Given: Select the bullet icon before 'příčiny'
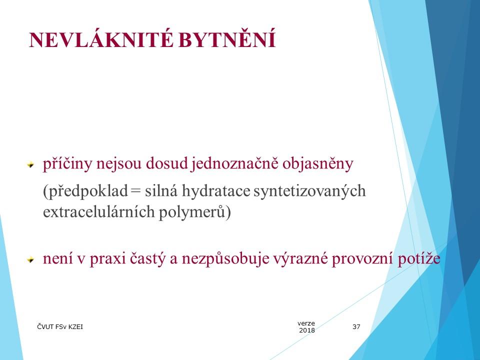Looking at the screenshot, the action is click(30, 165).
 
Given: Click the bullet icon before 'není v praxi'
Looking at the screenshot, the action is click(30, 260).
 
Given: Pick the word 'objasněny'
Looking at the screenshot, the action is click(318, 164).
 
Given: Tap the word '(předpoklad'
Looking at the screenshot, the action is click(85, 191).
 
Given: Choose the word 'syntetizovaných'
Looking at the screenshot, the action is click(310, 191).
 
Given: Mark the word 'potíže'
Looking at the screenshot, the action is click(419, 259).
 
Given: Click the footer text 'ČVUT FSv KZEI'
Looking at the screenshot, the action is click(60, 327).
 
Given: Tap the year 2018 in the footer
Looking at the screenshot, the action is click(306, 330).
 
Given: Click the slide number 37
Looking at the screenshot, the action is click(356, 327).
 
